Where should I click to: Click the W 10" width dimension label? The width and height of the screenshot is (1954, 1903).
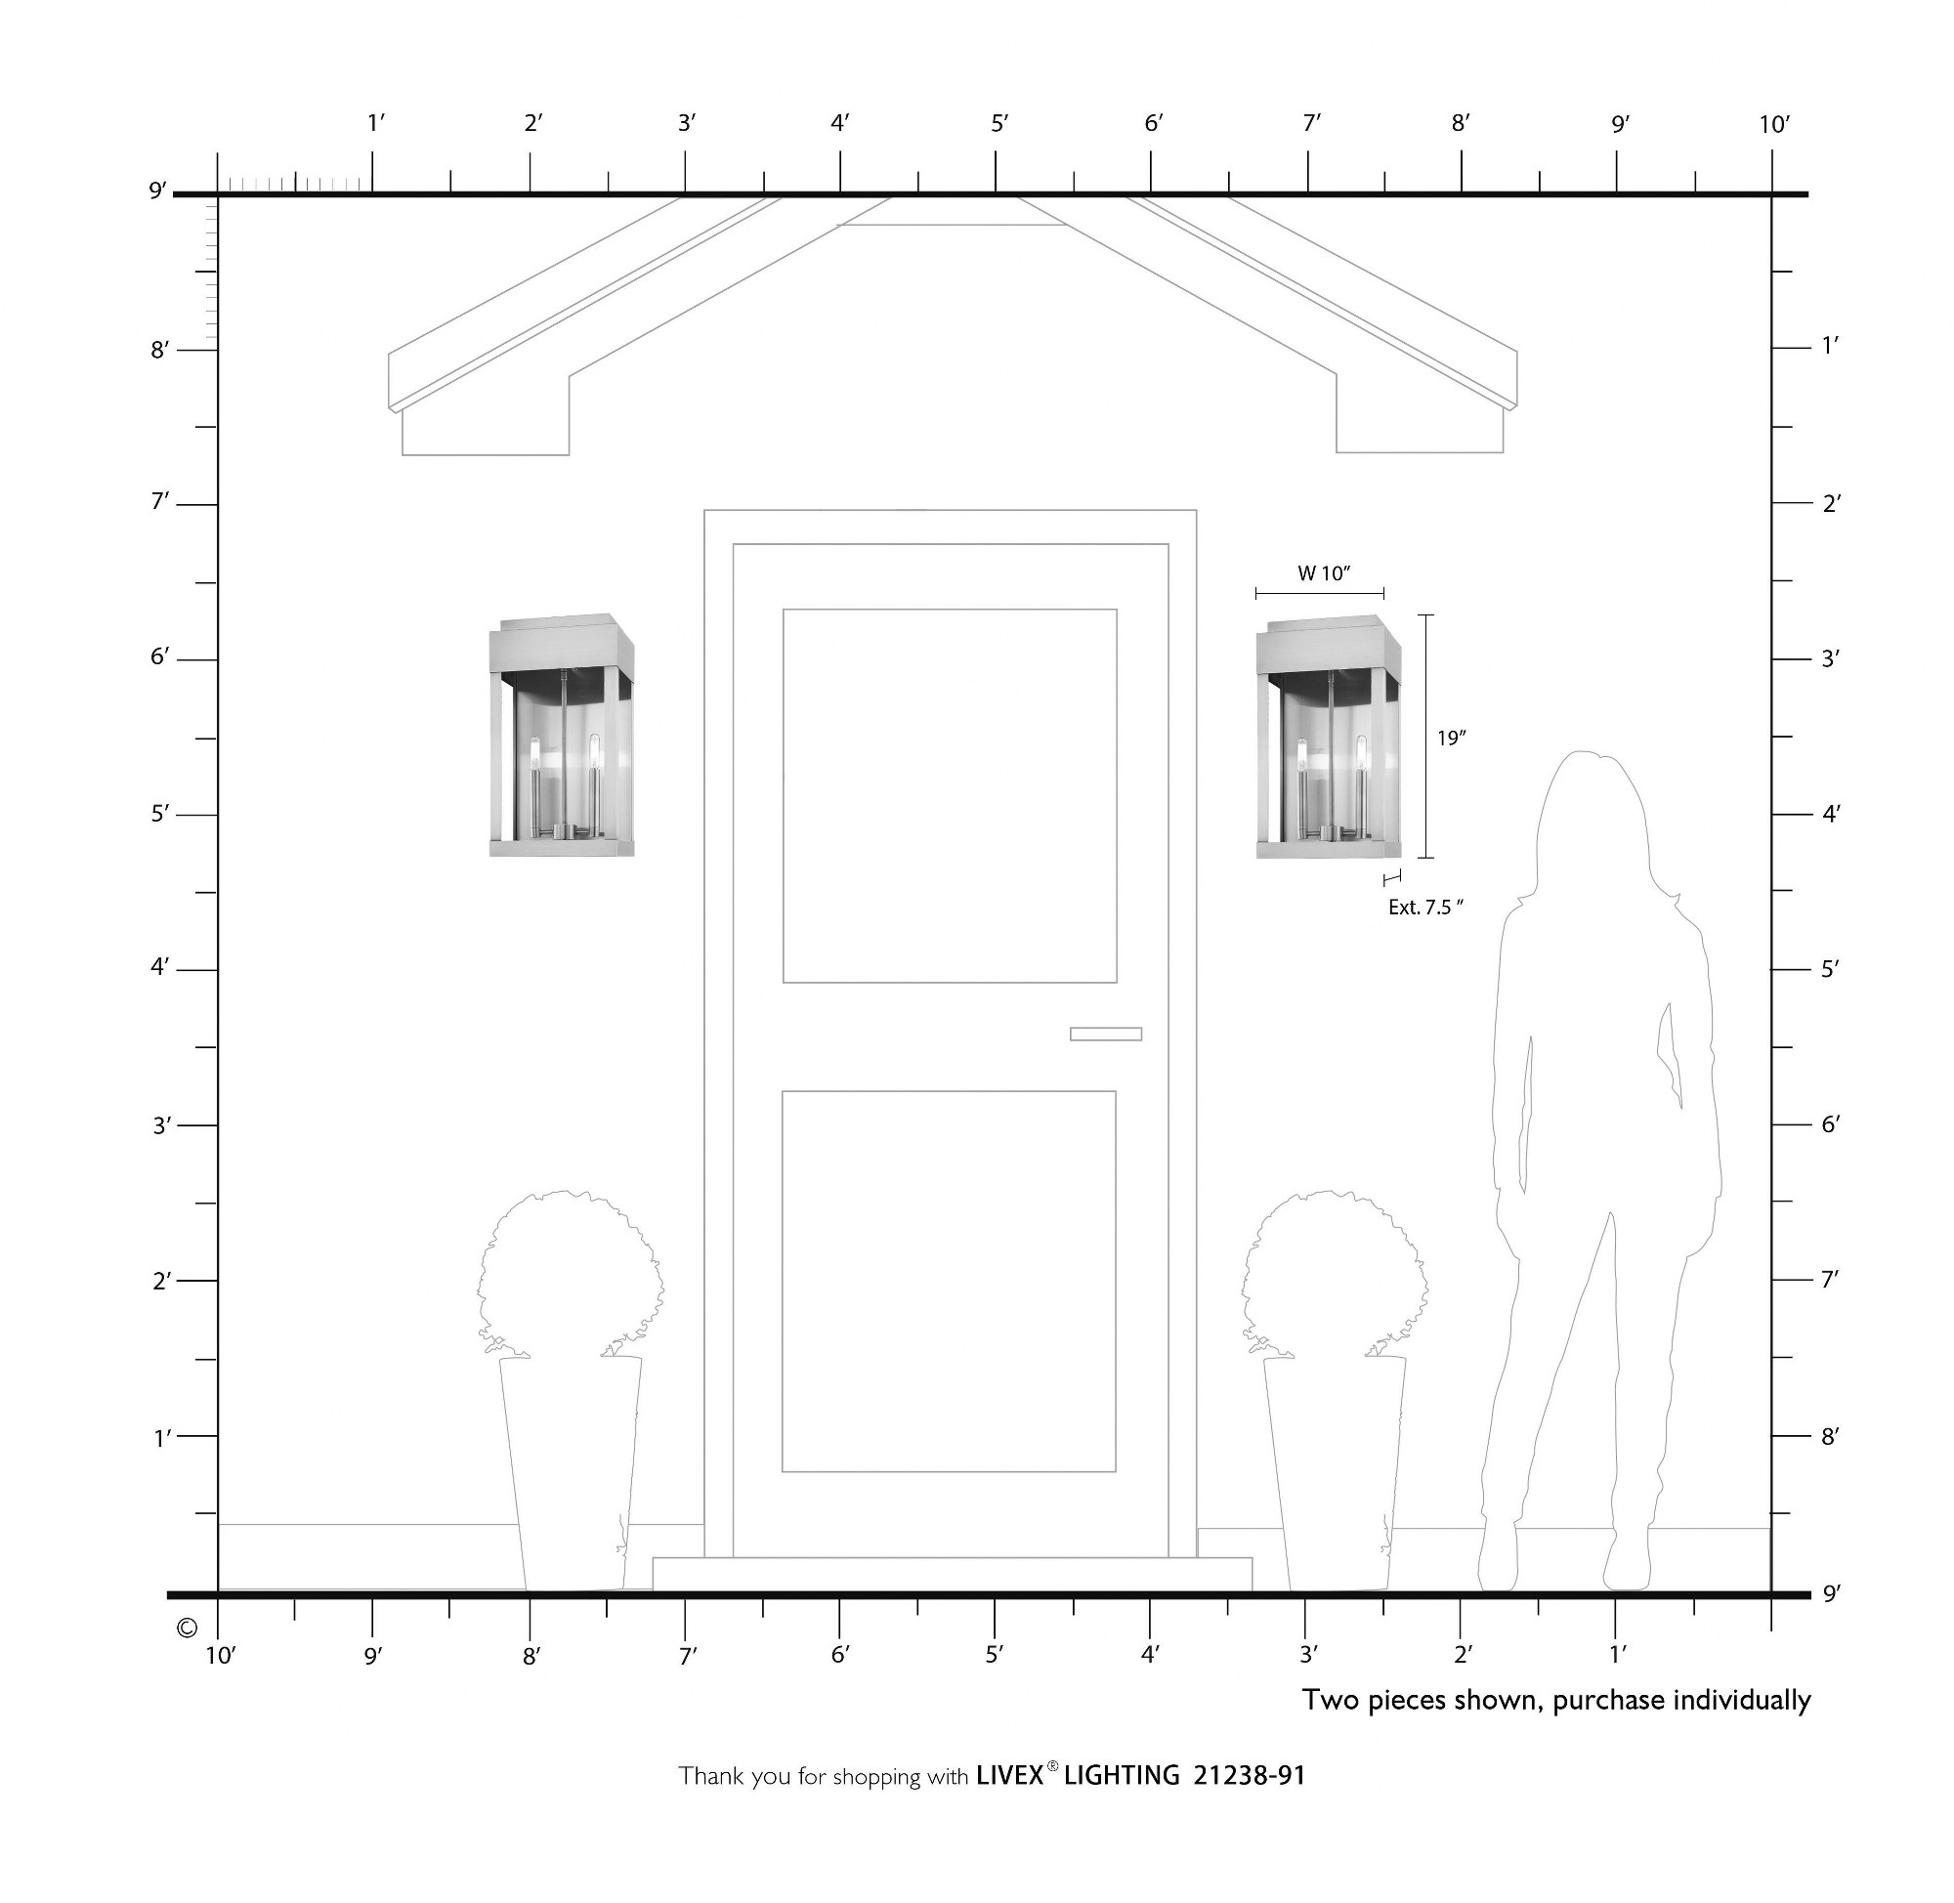pos(1323,573)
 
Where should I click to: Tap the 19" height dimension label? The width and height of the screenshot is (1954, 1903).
pos(1451,739)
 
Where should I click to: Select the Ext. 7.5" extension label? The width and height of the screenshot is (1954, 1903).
pos(1425,909)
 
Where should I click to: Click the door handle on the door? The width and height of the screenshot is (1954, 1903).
pos(1105,1034)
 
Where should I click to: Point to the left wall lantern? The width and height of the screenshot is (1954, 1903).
pos(562,736)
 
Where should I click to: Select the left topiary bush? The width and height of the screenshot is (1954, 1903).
pos(571,1274)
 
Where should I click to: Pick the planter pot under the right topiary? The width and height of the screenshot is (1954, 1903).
pos(1336,1473)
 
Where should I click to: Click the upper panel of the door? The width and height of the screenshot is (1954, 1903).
pos(950,795)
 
